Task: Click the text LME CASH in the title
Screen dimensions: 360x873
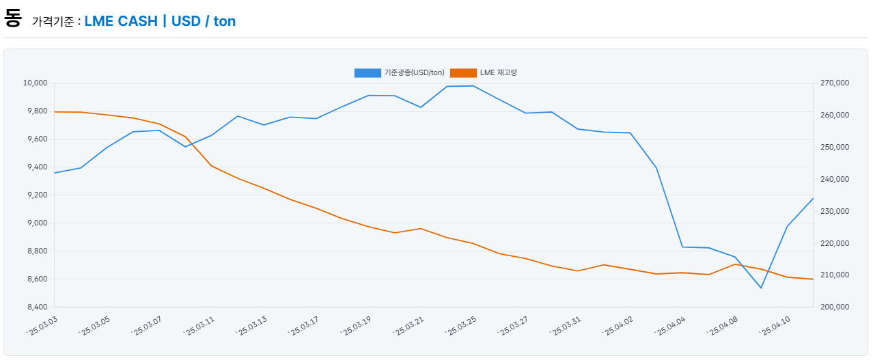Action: pos(121,21)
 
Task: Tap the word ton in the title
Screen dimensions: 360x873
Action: pos(224,21)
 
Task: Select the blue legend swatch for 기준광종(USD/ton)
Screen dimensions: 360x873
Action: pos(368,73)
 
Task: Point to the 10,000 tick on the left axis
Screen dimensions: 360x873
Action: pos(36,83)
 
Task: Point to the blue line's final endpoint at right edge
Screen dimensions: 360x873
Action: pos(813,199)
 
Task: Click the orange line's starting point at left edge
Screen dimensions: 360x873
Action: pos(55,112)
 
